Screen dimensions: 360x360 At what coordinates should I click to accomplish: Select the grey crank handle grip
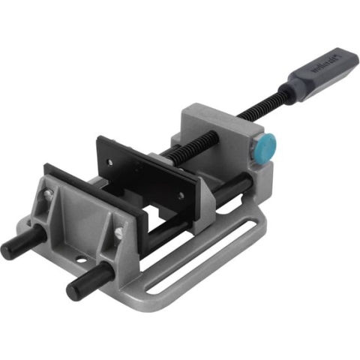314,76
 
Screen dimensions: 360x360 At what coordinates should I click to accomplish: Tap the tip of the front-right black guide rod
74,289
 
